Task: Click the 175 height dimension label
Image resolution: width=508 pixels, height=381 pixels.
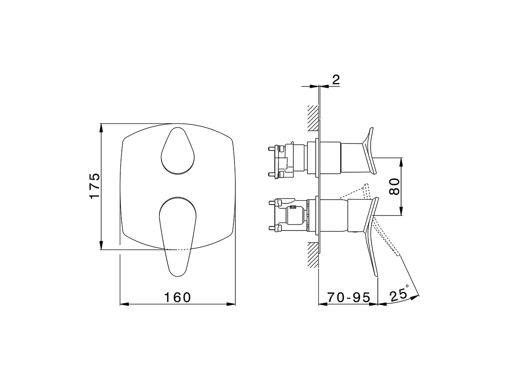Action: click(x=94, y=186)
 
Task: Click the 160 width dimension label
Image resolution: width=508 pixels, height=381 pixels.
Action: click(x=177, y=297)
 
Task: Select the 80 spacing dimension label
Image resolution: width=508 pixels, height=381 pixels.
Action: click(x=394, y=186)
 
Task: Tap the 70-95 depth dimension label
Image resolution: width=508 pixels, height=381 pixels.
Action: click(x=348, y=297)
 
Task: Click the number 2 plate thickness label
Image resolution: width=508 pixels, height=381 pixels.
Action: click(x=336, y=80)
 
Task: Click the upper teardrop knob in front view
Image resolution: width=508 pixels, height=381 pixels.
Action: click(x=178, y=151)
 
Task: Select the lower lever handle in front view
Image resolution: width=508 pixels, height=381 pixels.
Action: click(x=177, y=234)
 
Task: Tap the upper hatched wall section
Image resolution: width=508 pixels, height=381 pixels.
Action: click(x=313, y=118)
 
